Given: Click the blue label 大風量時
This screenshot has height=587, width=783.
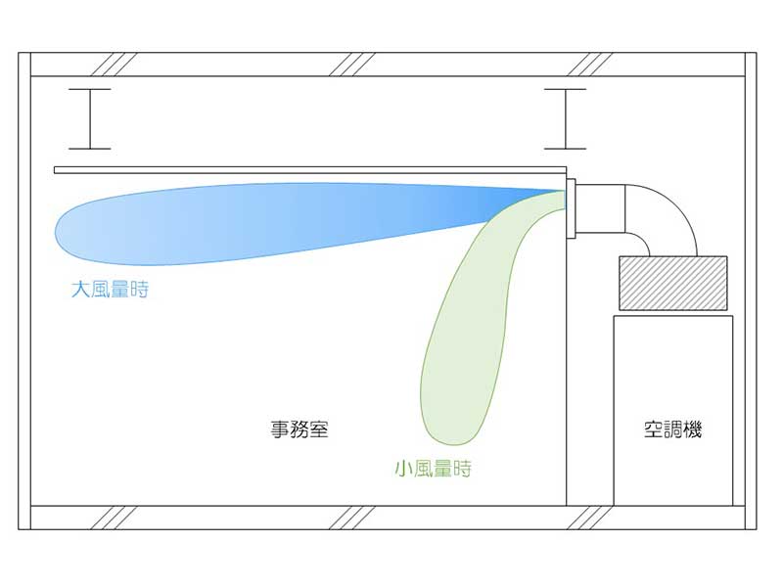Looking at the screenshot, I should coord(110,290).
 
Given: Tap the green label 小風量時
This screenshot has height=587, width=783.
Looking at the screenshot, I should coord(433,469).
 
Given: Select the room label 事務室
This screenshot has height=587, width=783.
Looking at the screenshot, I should coord(299,429).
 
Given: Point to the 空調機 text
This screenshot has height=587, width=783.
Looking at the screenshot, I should coord(672,429).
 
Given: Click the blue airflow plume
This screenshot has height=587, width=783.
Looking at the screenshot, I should coord(245,220).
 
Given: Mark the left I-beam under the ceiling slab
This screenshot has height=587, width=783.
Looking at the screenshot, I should coord(90,118).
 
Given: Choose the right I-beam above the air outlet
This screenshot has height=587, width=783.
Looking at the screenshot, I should coord(566,118).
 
